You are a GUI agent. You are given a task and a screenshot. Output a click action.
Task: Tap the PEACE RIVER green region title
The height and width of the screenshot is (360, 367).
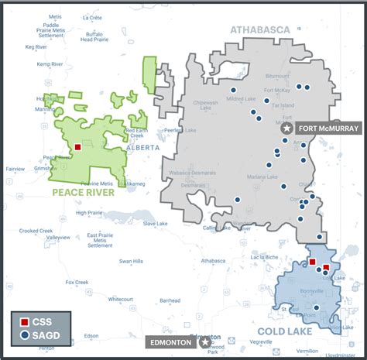[82, 192]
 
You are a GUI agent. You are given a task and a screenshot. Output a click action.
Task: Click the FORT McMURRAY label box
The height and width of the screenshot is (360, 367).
[324, 129]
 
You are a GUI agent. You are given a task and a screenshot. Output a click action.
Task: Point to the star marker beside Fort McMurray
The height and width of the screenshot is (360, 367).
[286, 129]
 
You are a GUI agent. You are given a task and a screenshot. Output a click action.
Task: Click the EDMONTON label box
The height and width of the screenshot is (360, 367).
[170, 341]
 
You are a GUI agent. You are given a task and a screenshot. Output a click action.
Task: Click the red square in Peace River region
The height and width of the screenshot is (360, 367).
[77, 144]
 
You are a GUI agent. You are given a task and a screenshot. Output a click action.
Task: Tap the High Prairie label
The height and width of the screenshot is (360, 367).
[91, 212]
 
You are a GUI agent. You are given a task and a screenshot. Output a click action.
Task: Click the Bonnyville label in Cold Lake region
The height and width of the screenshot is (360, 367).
[298, 291]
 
